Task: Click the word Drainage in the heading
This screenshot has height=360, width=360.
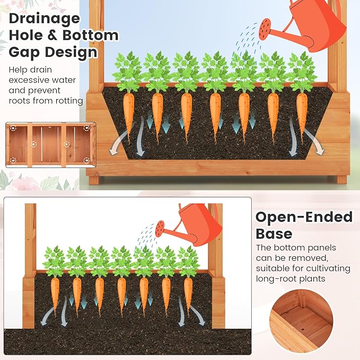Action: [x=45, y=19]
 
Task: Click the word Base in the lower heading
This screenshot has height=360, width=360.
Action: [x=274, y=234]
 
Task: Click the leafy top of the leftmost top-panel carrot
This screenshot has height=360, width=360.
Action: [x=128, y=72]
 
